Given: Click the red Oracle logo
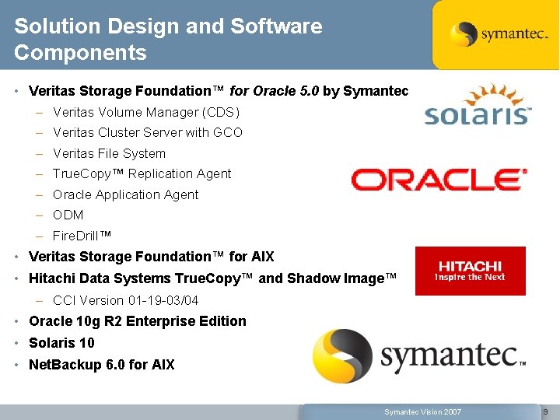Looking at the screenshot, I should [439, 180].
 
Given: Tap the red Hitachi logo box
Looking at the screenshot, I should [470, 271].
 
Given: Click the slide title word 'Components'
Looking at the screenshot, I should [80, 53].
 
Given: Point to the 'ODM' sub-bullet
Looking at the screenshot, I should [68, 215].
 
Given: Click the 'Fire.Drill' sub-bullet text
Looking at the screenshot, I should [82, 236].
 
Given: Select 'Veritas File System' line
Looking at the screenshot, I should [109, 153].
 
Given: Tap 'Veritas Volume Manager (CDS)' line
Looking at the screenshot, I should [146, 112].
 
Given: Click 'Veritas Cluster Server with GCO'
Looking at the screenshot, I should [148, 132].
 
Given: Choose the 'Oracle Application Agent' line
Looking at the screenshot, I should [125, 194].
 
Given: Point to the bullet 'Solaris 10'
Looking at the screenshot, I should [61, 343].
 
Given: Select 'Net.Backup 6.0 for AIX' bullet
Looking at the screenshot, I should [102, 364].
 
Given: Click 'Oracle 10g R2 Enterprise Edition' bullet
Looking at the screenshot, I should [137, 321].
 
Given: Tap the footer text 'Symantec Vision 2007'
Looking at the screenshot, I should [422, 411].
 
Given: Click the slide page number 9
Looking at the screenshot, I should [545, 411].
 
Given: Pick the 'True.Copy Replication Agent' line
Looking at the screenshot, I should [142, 173].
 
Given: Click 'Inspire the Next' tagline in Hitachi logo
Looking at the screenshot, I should [470, 278].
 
